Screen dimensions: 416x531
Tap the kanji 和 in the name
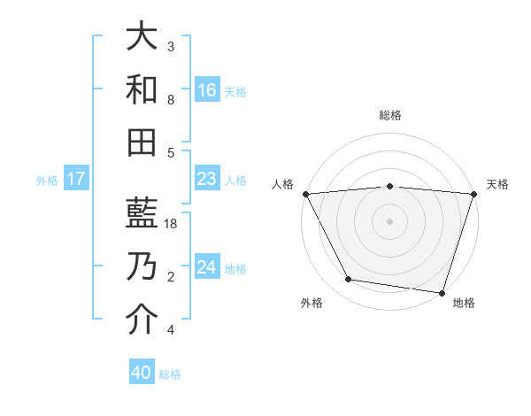click(142, 89)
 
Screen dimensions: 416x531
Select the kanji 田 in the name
click(142, 142)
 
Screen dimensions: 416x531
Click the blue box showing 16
click(207, 89)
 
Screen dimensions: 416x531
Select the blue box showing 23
click(207, 180)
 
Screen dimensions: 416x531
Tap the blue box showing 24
click(207, 268)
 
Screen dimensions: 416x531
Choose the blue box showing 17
click(76, 180)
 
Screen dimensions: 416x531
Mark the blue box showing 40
click(142, 373)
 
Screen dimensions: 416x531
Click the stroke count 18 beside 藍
click(173, 224)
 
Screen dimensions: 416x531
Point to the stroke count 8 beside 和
click(170, 100)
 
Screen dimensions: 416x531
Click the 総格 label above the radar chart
click(390, 115)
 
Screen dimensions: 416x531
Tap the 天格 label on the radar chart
click(498, 184)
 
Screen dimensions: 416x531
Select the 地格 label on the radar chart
click(464, 303)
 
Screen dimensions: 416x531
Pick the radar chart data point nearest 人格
click(304, 193)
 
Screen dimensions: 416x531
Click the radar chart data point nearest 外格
click(348, 280)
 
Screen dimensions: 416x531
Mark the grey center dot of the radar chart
click(389, 221)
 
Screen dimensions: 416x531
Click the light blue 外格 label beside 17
click(47, 181)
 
